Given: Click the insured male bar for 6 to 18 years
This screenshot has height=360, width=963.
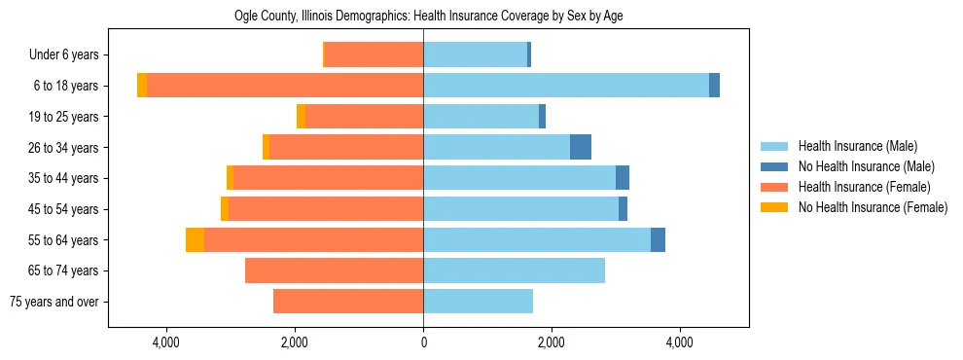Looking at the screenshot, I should pos(566,86).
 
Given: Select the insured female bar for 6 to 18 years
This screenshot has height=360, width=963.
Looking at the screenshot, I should pos(285,86).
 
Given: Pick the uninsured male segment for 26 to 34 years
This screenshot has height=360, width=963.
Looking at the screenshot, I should pos(581,147).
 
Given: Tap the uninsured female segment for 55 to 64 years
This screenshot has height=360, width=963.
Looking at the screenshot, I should pos(195,239).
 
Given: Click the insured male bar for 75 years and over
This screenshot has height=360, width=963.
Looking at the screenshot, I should pos(478,302).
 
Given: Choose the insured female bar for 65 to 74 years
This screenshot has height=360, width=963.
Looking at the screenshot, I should pos(334,270).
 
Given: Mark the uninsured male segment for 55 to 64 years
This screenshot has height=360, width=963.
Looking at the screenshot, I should pos(658,239).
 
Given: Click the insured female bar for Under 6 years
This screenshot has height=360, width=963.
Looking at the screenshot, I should pos(374,55).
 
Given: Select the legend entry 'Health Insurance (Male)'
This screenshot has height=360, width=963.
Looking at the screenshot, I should pos(857,146).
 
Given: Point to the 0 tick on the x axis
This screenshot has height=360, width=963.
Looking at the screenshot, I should pos(423,342).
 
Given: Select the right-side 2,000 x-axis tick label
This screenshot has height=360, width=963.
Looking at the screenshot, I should pos(552,342).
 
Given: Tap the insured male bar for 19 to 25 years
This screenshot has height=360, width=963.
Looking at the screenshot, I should pos(481,117).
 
